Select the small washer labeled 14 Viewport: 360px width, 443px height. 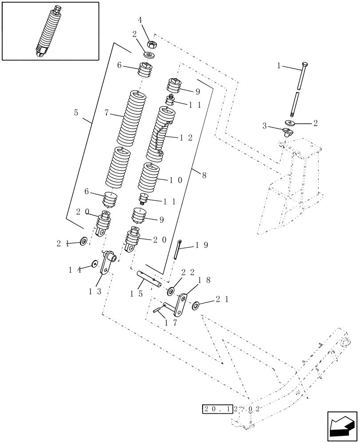tap(94, 264)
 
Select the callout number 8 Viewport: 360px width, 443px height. tap(203, 175)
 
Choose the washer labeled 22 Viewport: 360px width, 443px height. tap(170, 291)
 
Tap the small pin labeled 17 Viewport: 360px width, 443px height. tap(158, 311)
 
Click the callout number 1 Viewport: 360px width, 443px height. tap(279, 66)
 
